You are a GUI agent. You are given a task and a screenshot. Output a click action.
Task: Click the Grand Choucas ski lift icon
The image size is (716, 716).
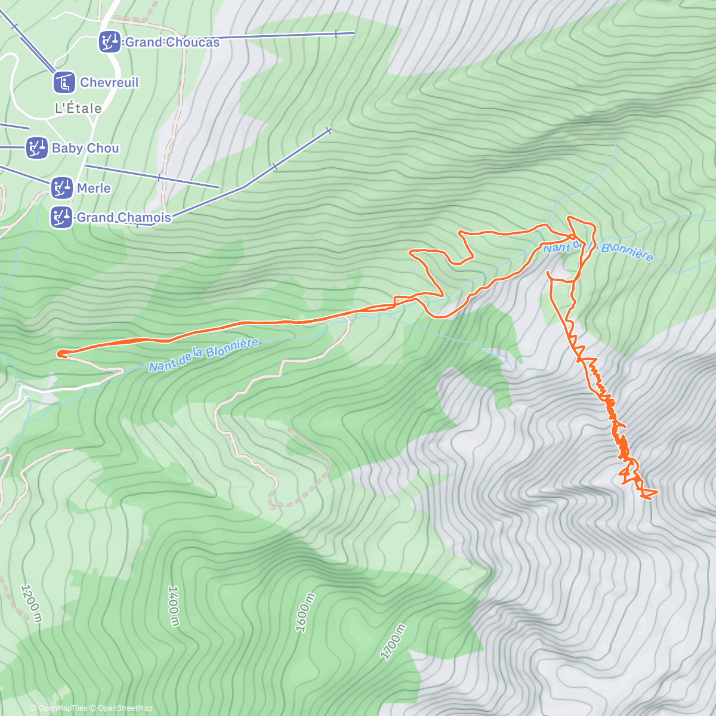[x=109, y=42]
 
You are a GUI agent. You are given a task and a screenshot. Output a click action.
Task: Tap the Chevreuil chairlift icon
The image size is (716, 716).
[x=64, y=82]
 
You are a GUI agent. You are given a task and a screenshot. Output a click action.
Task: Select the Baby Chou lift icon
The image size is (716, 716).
[x=36, y=148]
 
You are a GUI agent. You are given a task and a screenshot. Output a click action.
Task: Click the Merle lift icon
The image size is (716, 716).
[x=61, y=188]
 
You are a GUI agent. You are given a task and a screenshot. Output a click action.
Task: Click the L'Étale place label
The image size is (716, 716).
[x=78, y=109]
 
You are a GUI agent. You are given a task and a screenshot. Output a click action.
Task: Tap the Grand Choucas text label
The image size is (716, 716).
[x=172, y=42]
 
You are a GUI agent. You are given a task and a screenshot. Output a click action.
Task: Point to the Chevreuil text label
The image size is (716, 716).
[x=109, y=82]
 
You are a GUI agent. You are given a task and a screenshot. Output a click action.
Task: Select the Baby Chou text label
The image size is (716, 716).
[x=85, y=148]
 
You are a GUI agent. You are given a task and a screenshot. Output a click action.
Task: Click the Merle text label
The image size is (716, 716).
[x=94, y=188]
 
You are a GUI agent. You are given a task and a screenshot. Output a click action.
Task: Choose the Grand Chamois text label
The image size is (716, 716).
[x=124, y=218]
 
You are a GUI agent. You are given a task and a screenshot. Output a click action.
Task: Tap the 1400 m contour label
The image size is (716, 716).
[x=173, y=606]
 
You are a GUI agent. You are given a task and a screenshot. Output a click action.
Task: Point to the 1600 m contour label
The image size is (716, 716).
[x=304, y=613]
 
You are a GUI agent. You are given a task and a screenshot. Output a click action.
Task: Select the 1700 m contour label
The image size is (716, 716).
[x=393, y=641]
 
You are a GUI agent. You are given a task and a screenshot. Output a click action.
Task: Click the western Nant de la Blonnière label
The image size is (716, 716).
[x=203, y=355]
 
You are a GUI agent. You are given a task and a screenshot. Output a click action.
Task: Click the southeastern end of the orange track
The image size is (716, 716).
[x=656, y=492]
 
